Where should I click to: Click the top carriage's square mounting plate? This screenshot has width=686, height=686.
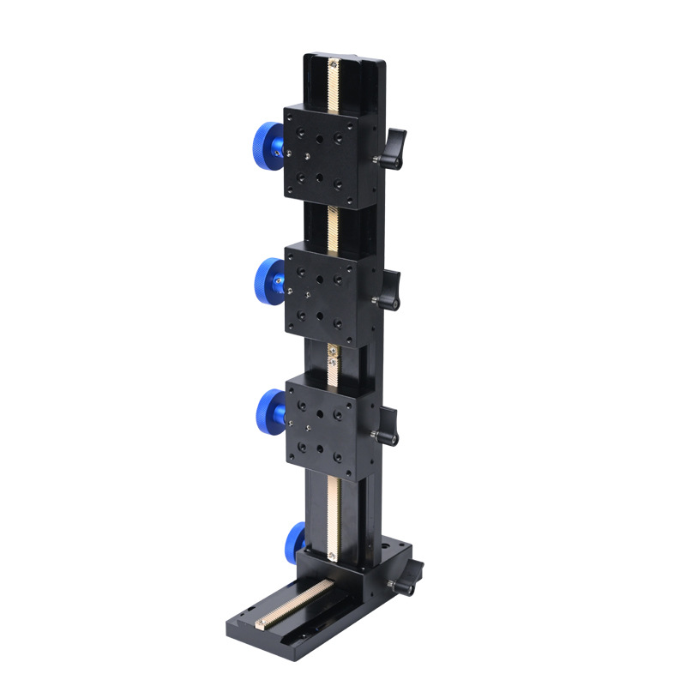coord(320,154)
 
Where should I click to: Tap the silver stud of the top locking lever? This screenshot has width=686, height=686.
coord(378,161)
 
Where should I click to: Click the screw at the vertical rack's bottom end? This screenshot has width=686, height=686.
coord(330,557)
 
